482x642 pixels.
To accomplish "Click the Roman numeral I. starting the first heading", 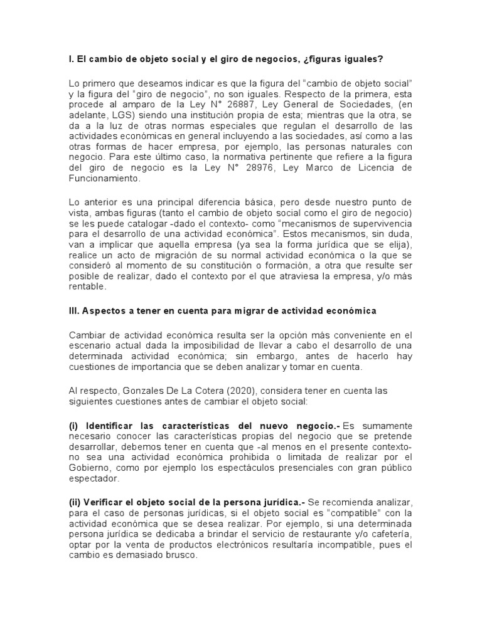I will [71, 59].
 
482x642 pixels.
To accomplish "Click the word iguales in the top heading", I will [361, 59].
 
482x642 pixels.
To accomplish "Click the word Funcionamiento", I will [107, 179].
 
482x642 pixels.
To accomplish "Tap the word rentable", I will [88, 288].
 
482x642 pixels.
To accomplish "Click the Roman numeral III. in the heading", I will [75, 311].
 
